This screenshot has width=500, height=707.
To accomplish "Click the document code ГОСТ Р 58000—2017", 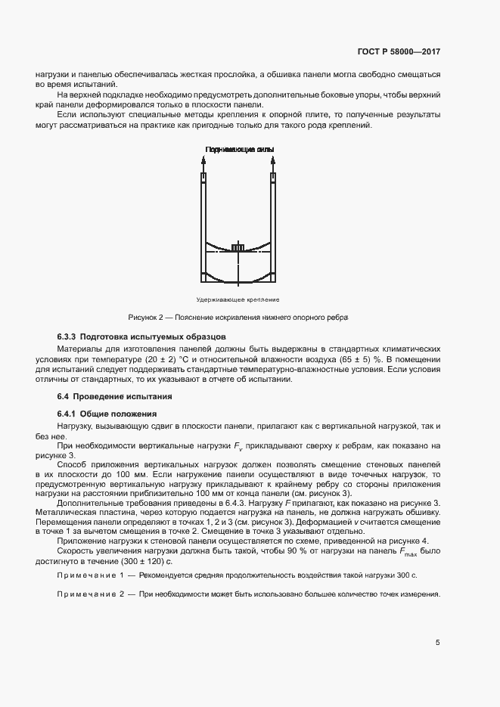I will coord(399,52).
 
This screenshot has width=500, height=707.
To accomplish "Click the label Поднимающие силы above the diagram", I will coord(239,150).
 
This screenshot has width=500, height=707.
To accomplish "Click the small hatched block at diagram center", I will coord(238,248).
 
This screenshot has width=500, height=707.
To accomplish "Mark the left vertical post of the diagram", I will coord(203,227).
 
